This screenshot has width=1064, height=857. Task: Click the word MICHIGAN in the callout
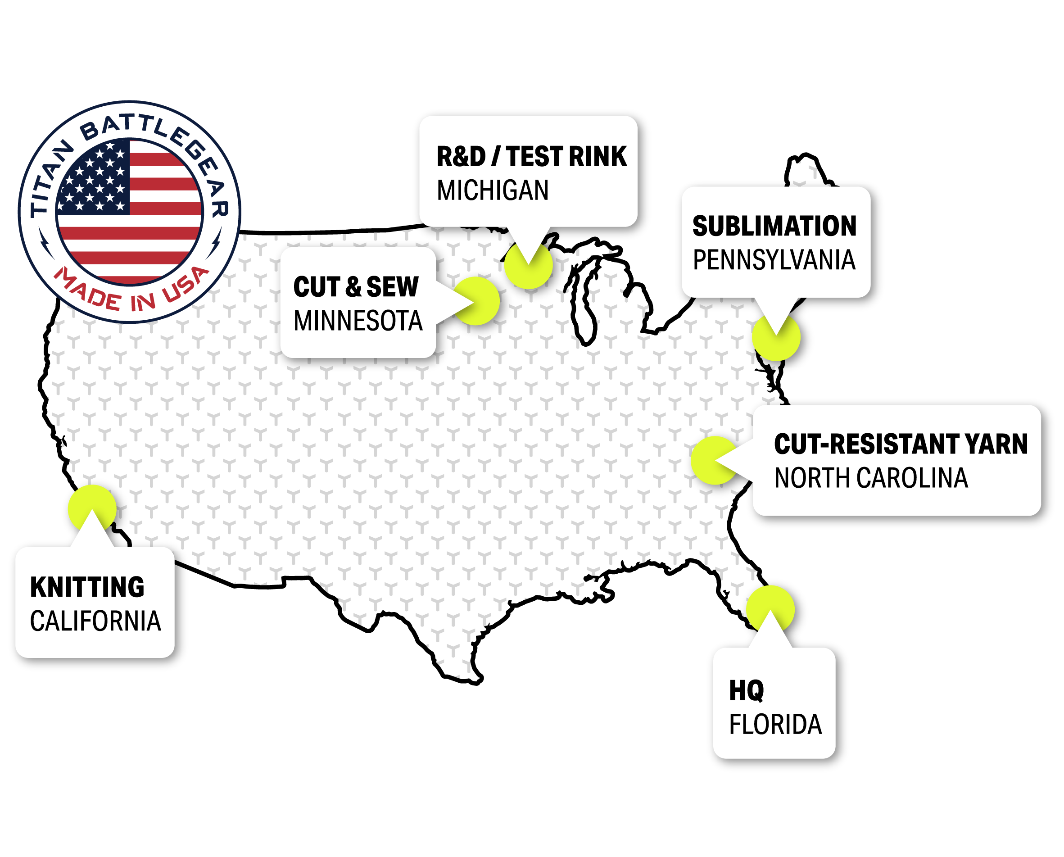coord(493,190)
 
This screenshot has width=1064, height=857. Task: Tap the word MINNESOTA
coord(358,321)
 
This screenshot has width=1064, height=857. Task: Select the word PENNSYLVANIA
coord(774,260)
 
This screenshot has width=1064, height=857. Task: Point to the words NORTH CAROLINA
coord(871,478)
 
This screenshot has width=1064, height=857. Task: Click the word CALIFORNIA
coord(95,621)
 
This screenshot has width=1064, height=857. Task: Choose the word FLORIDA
coord(775,725)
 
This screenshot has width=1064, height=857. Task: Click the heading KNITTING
coord(87,587)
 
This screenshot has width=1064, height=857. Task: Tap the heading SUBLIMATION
coord(774,226)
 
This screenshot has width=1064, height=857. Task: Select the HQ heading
coord(747,691)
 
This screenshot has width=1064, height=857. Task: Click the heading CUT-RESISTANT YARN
coord(901,444)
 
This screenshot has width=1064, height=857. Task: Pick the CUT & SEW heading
coord(356,287)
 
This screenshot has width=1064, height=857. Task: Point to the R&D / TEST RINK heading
coord(531,156)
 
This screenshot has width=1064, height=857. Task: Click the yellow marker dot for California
coord(92,508)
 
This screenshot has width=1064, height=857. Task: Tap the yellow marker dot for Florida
coord(770,609)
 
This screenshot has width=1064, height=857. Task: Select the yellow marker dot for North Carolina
coord(715,460)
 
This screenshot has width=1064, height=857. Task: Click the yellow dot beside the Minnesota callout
coord(476,301)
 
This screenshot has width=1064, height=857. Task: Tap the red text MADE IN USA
coord(131,292)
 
